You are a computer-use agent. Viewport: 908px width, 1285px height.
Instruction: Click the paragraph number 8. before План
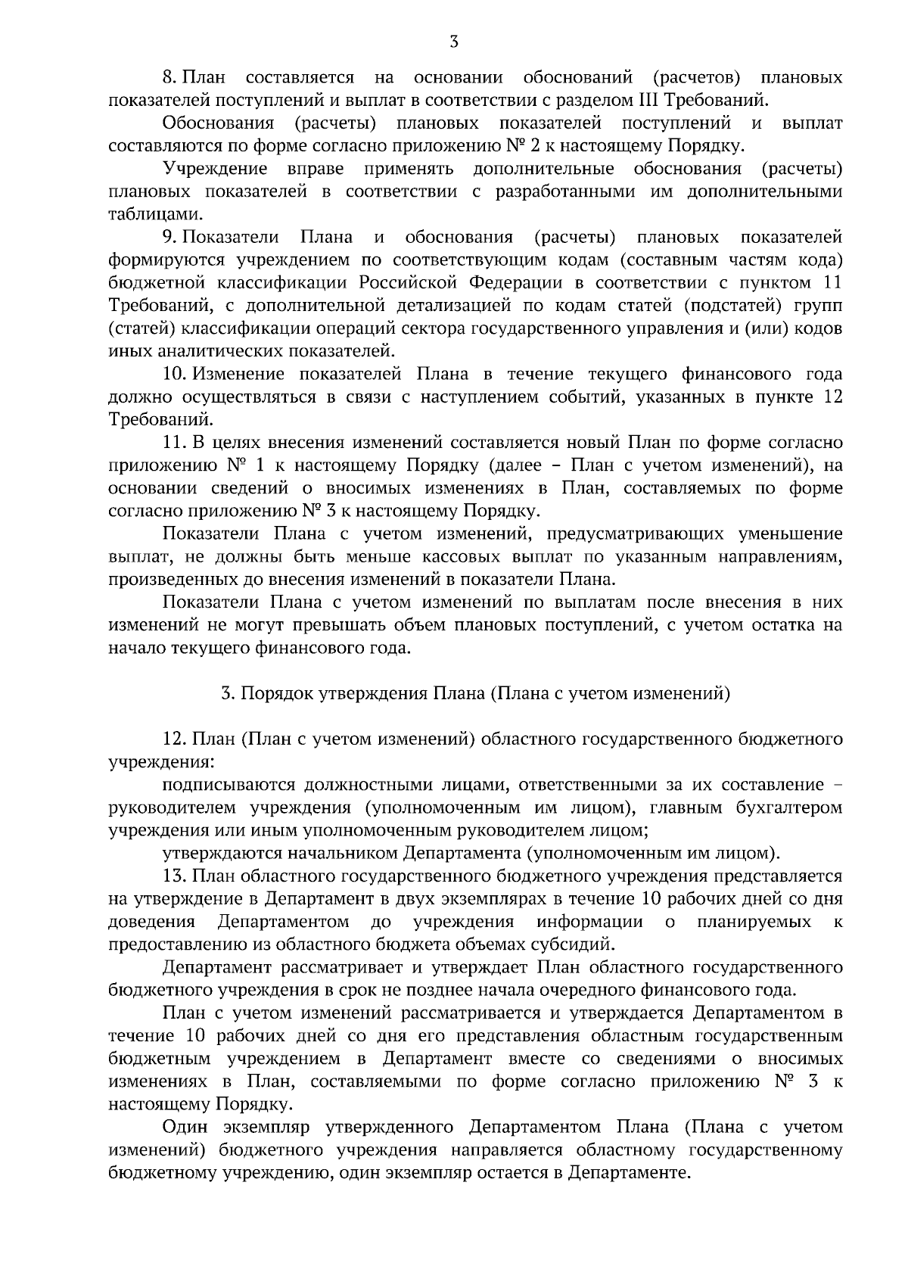[x=170, y=78]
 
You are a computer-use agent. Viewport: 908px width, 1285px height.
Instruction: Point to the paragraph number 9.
[x=170, y=238]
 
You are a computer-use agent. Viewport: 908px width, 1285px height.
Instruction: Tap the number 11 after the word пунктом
[x=831, y=283]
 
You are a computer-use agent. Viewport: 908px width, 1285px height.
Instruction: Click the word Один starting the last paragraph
[x=185, y=1128]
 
